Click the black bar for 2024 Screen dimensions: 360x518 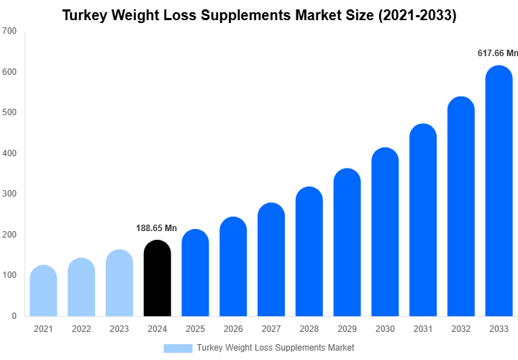pos(158,279)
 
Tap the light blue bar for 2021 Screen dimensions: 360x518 pos(44,291)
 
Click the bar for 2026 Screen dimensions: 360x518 pos(233,266)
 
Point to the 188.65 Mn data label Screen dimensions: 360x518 pos(156,228)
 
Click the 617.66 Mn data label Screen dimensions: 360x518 pos(498,53)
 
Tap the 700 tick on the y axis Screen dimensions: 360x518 pos(9,32)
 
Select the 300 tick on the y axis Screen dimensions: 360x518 pos(9,194)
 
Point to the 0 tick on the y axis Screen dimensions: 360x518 pos(14,316)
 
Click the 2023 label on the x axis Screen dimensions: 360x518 pos(119,329)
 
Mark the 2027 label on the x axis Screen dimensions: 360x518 pos(271,329)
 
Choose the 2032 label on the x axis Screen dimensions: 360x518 pos(460,329)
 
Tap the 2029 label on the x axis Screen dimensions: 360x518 pos(347,329)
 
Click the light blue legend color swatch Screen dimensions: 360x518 pos(178,348)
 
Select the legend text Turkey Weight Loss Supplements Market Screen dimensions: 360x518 pos(276,348)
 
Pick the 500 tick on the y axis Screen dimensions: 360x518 pos(9,113)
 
